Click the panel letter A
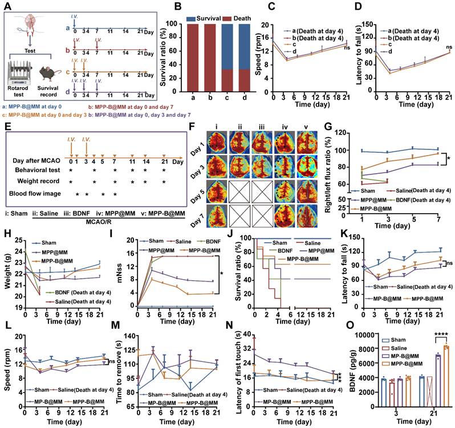(7, 6)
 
